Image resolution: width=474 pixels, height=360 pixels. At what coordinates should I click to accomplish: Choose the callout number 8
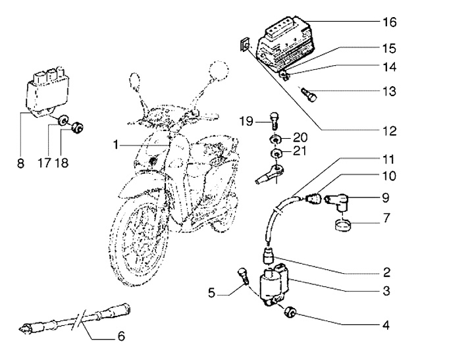(x=20, y=163)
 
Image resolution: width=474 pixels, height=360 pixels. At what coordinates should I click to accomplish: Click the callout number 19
(x=246, y=121)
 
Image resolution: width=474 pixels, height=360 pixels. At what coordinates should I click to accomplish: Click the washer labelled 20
(x=275, y=139)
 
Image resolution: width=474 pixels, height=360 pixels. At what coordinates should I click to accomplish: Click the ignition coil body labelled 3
(x=276, y=288)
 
